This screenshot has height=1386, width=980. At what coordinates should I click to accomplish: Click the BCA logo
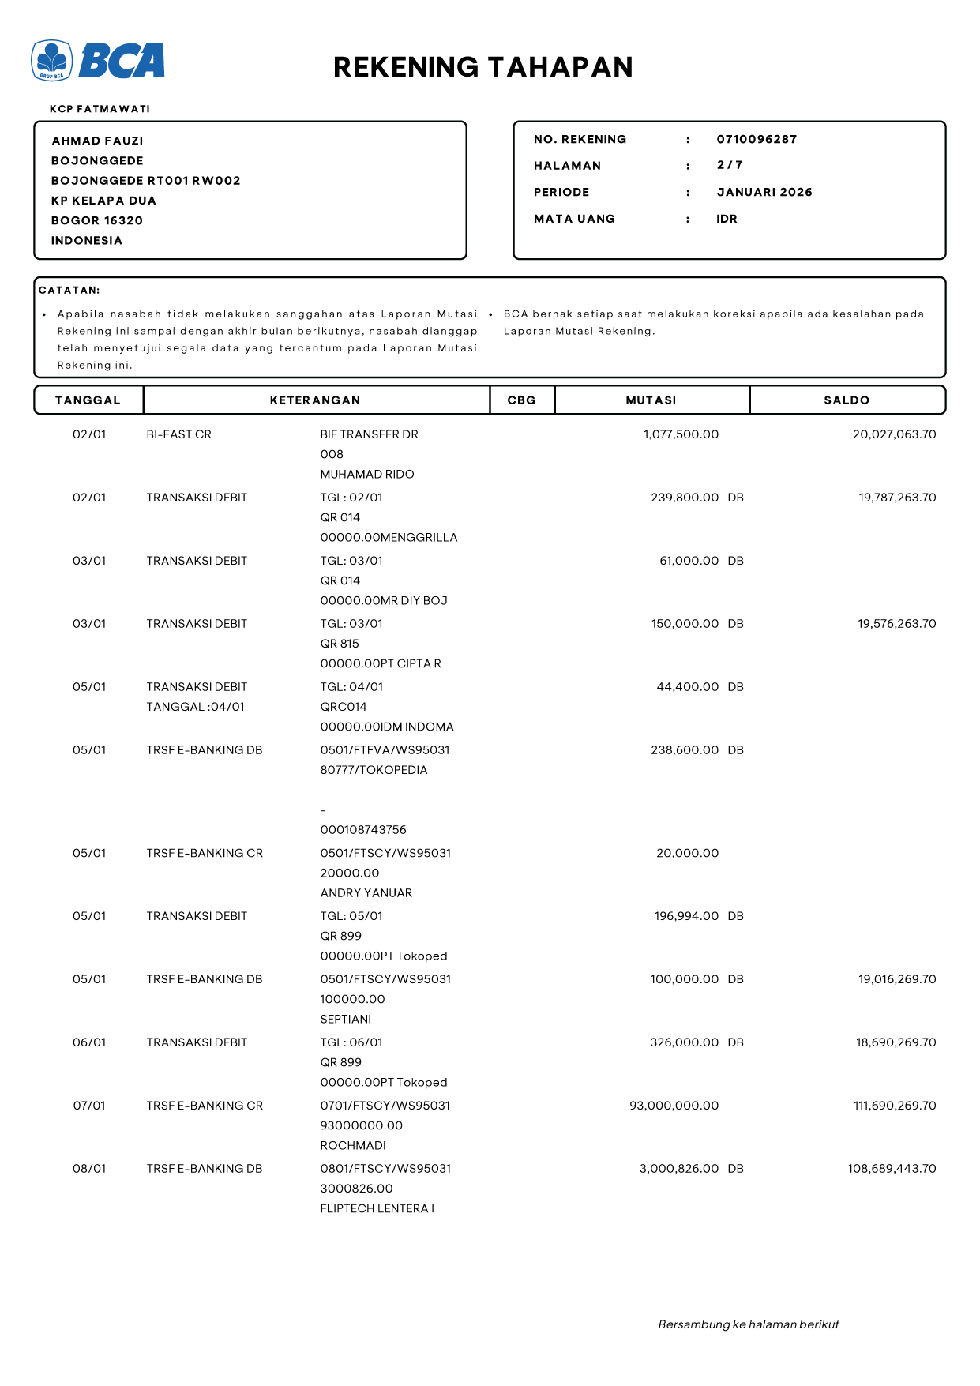point(98,61)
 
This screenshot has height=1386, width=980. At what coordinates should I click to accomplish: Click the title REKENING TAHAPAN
point(482,67)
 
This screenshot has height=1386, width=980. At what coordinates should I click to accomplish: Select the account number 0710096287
point(757,139)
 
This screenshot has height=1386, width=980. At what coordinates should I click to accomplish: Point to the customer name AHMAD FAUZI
point(97,141)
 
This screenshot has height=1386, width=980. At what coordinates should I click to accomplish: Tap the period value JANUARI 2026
point(764,192)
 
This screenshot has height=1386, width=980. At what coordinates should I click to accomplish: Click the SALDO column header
point(847,400)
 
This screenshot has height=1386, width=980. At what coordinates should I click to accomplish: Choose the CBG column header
point(521,400)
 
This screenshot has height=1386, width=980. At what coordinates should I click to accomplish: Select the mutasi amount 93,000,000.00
point(674,1106)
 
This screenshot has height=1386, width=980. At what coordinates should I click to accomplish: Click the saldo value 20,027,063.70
point(894,434)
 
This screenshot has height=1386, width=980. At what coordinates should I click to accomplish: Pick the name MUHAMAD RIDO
point(366,474)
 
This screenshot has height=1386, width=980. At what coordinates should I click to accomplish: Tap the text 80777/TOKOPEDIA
point(374,770)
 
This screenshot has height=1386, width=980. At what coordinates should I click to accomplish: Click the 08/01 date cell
point(89,1169)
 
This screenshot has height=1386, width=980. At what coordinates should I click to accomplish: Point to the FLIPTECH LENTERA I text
point(377,1208)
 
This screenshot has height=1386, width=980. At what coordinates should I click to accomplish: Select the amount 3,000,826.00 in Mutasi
point(678,1169)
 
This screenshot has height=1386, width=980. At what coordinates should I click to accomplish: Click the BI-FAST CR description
point(178,434)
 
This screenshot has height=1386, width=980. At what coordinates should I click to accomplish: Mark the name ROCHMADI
point(353,1145)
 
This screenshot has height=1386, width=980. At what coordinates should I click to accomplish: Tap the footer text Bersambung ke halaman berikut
point(748,1324)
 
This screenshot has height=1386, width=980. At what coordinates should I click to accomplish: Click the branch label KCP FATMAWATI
point(100,109)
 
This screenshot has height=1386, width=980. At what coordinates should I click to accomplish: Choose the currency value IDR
point(727,219)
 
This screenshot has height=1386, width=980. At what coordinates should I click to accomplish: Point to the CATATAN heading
point(69,291)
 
